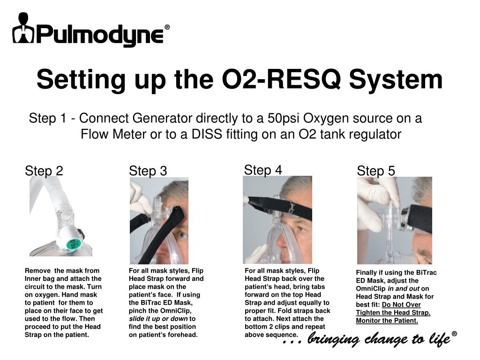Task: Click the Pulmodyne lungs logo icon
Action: pos(23,28)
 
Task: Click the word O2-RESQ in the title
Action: pos(281,79)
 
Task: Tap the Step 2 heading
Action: pos(44,171)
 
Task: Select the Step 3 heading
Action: pos(148,171)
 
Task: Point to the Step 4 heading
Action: pos(263,170)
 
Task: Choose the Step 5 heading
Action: pos(376,171)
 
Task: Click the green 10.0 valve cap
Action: pos(73,244)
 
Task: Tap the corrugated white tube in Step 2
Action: pos(49,193)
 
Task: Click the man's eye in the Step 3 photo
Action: pos(182,235)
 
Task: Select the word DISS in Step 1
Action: pos(207,134)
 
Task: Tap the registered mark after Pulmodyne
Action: pos(167,27)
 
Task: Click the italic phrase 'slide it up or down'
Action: pos(158,319)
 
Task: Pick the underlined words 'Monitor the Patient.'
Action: pos(387,321)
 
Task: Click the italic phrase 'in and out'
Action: pos(404,289)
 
